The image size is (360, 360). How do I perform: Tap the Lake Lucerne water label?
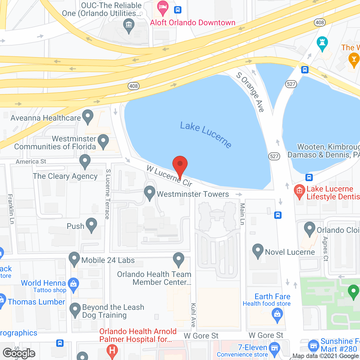pyautogui.click(x=206, y=134)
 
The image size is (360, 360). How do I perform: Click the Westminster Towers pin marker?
pyautogui.click(x=150, y=193)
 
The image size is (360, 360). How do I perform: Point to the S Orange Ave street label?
pyautogui.click(x=250, y=92)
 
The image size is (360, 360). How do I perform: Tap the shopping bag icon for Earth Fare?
pyautogui.click(x=277, y=314)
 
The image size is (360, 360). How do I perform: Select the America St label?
pyautogui.click(x=31, y=161)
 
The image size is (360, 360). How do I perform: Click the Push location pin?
pyautogui.click(x=91, y=225)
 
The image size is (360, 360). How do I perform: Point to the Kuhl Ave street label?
pyautogui.click(x=193, y=315)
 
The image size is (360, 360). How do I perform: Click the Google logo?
pyautogui.click(x=19, y=353)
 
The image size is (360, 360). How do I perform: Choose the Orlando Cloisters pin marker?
pyautogui.click(x=310, y=229)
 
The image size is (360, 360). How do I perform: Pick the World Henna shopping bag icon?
pyautogui.click(x=73, y=285)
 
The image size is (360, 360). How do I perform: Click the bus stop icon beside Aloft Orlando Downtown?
pyautogui.click(x=177, y=10)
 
